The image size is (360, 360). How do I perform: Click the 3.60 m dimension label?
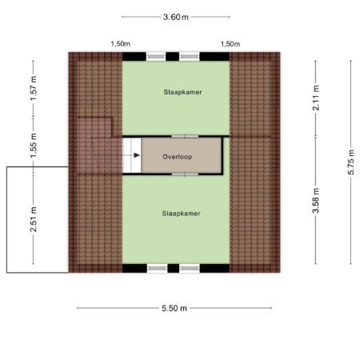(176, 17)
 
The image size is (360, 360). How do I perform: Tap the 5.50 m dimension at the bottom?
(174, 308)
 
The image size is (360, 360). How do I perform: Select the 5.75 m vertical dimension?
(351, 162)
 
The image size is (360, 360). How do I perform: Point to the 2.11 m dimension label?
(316, 98)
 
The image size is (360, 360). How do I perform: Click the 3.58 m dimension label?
(316, 201)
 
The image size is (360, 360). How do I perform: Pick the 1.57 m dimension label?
(34, 89)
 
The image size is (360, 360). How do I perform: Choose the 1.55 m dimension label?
(34, 146)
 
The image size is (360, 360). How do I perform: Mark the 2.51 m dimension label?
(34, 219)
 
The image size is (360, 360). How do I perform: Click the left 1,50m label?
(121, 44)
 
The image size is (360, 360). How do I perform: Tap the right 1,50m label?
(230, 44)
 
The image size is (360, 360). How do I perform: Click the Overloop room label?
(178, 157)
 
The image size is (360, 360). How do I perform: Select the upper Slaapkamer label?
(182, 92)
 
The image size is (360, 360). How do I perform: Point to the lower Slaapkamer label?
(181, 214)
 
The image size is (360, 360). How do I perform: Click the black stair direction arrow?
(137, 155)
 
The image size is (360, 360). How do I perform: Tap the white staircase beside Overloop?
(132, 155)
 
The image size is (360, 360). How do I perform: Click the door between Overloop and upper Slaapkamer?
(185, 137)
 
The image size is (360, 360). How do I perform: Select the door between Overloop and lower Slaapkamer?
(185, 174)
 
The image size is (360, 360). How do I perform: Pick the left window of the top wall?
(156, 57)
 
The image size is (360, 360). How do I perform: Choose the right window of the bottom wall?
(190, 268)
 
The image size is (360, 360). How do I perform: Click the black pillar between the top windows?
(173, 57)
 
